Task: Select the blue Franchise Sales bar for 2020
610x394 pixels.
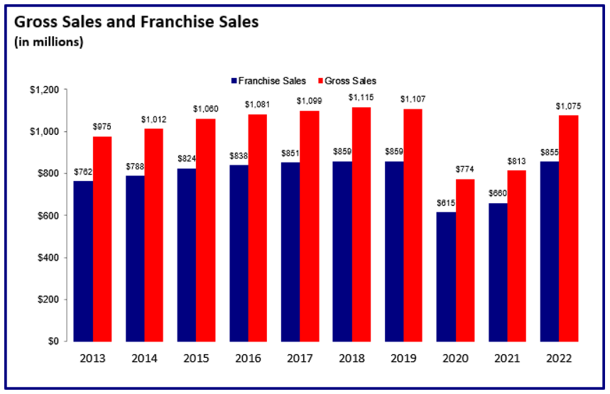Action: click(x=446, y=276)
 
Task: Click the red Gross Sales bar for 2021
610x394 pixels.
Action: click(x=517, y=256)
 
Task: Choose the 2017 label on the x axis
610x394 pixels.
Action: click(x=300, y=359)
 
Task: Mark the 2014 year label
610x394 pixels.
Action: click(x=145, y=359)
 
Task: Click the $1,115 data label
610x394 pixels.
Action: click(x=361, y=97)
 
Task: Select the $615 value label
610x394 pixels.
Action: click(x=446, y=203)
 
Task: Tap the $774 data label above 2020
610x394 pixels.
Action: click(x=466, y=170)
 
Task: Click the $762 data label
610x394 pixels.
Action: click(x=84, y=172)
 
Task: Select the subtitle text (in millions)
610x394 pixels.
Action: click(x=48, y=42)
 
